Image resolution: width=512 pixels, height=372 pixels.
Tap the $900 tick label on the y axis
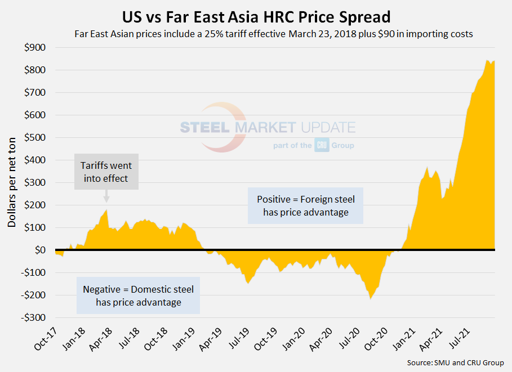35,47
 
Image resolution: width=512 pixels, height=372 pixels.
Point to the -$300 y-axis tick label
33,317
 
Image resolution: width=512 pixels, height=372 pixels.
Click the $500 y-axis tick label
35,137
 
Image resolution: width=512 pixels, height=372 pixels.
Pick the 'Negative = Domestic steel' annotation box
138,296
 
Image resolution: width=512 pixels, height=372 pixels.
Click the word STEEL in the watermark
204,127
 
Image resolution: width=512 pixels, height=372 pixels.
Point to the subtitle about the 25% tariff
273,33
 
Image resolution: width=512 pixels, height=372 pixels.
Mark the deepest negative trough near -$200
371,298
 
